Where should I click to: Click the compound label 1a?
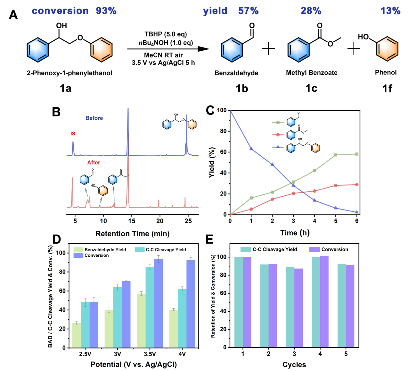click(66, 88)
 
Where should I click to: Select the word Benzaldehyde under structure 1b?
click(236, 73)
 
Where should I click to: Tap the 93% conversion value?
click(106, 11)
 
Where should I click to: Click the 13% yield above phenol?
click(390, 11)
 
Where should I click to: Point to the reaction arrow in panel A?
click(168, 49)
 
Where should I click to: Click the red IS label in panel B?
click(73, 134)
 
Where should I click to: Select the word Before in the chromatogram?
click(94, 118)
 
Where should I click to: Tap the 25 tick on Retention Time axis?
click(188, 221)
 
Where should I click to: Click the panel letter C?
click(210, 111)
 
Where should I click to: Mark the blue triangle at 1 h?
click(251, 149)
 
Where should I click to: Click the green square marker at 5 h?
click(336, 155)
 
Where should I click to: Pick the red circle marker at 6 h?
click(357, 185)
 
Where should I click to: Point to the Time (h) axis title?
click(295, 233)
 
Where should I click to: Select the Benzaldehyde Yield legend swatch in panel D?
click(78, 250)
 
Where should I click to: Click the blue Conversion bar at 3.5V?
click(159, 303)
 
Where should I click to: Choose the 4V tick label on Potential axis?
click(182, 354)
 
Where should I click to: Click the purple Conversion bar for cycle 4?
click(324, 302)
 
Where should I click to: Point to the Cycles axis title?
click(294, 365)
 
